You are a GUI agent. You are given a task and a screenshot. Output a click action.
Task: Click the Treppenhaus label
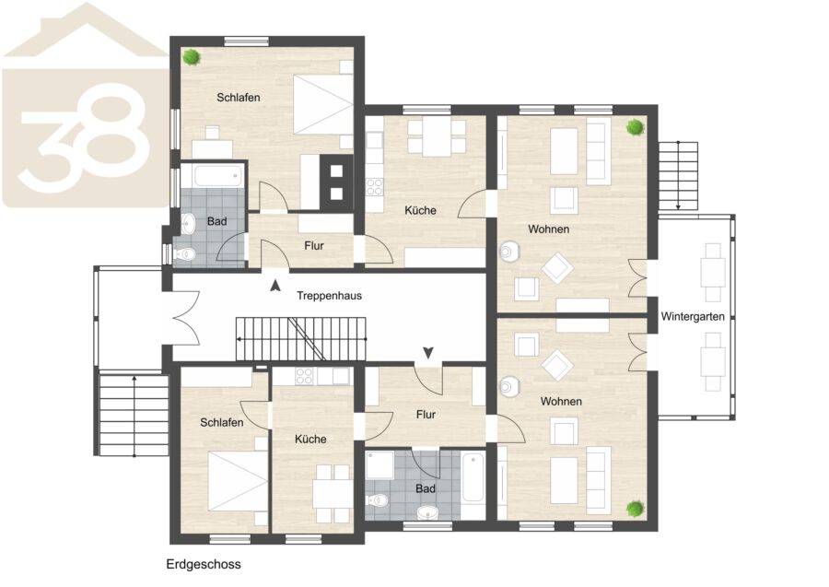pyautogui.click(x=329, y=296)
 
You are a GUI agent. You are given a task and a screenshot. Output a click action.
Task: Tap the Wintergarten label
pyautogui.click(x=693, y=317)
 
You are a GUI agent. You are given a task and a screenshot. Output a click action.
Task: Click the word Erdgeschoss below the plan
pyautogui.click(x=204, y=564)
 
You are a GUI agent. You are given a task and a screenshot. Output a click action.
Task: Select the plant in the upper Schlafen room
pyautogui.click(x=192, y=56)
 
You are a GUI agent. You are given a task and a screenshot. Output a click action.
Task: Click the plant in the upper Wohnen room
pyautogui.click(x=635, y=127)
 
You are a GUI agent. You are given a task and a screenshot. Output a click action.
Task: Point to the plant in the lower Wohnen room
pyautogui.click(x=635, y=509)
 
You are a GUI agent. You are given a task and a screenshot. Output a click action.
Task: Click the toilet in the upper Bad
pyautogui.click(x=184, y=254)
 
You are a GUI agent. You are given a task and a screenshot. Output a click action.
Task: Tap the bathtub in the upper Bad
pyautogui.click(x=219, y=176)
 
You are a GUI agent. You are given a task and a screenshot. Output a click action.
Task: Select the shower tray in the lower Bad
pyautogui.click(x=379, y=464)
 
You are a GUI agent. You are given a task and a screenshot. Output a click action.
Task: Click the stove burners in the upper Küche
pyautogui.click(x=375, y=187)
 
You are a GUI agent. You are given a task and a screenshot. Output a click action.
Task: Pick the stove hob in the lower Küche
pyautogui.click(x=304, y=376)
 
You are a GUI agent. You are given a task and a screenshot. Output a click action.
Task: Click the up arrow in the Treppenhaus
pyautogui.click(x=274, y=286)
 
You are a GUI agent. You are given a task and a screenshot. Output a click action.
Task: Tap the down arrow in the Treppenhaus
pyautogui.click(x=428, y=352)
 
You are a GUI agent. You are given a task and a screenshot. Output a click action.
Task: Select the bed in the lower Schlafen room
pyautogui.click(x=238, y=481)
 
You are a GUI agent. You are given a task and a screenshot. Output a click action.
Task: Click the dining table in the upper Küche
pyautogui.click(x=437, y=136)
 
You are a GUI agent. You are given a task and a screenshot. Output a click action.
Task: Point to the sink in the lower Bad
pyautogui.click(x=427, y=512)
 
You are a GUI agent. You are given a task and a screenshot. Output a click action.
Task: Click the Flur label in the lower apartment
pyautogui.click(x=426, y=415)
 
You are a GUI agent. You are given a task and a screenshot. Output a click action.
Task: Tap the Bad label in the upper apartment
pyautogui.click(x=216, y=221)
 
